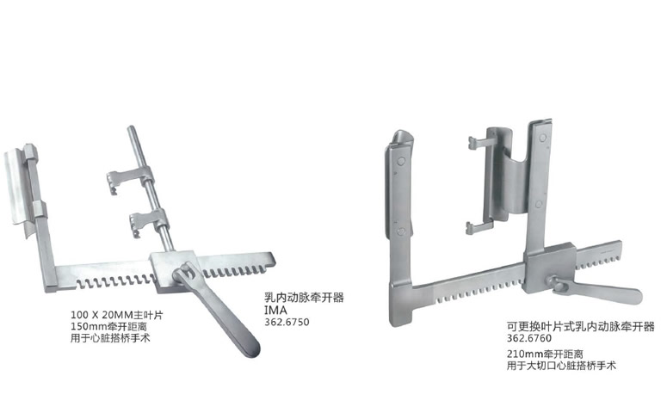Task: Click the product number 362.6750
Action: click(x=286, y=323)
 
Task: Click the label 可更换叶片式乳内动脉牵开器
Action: click(x=580, y=327)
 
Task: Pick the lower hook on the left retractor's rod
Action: click(x=141, y=221)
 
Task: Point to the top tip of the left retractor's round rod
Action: click(x=131, y=131)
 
